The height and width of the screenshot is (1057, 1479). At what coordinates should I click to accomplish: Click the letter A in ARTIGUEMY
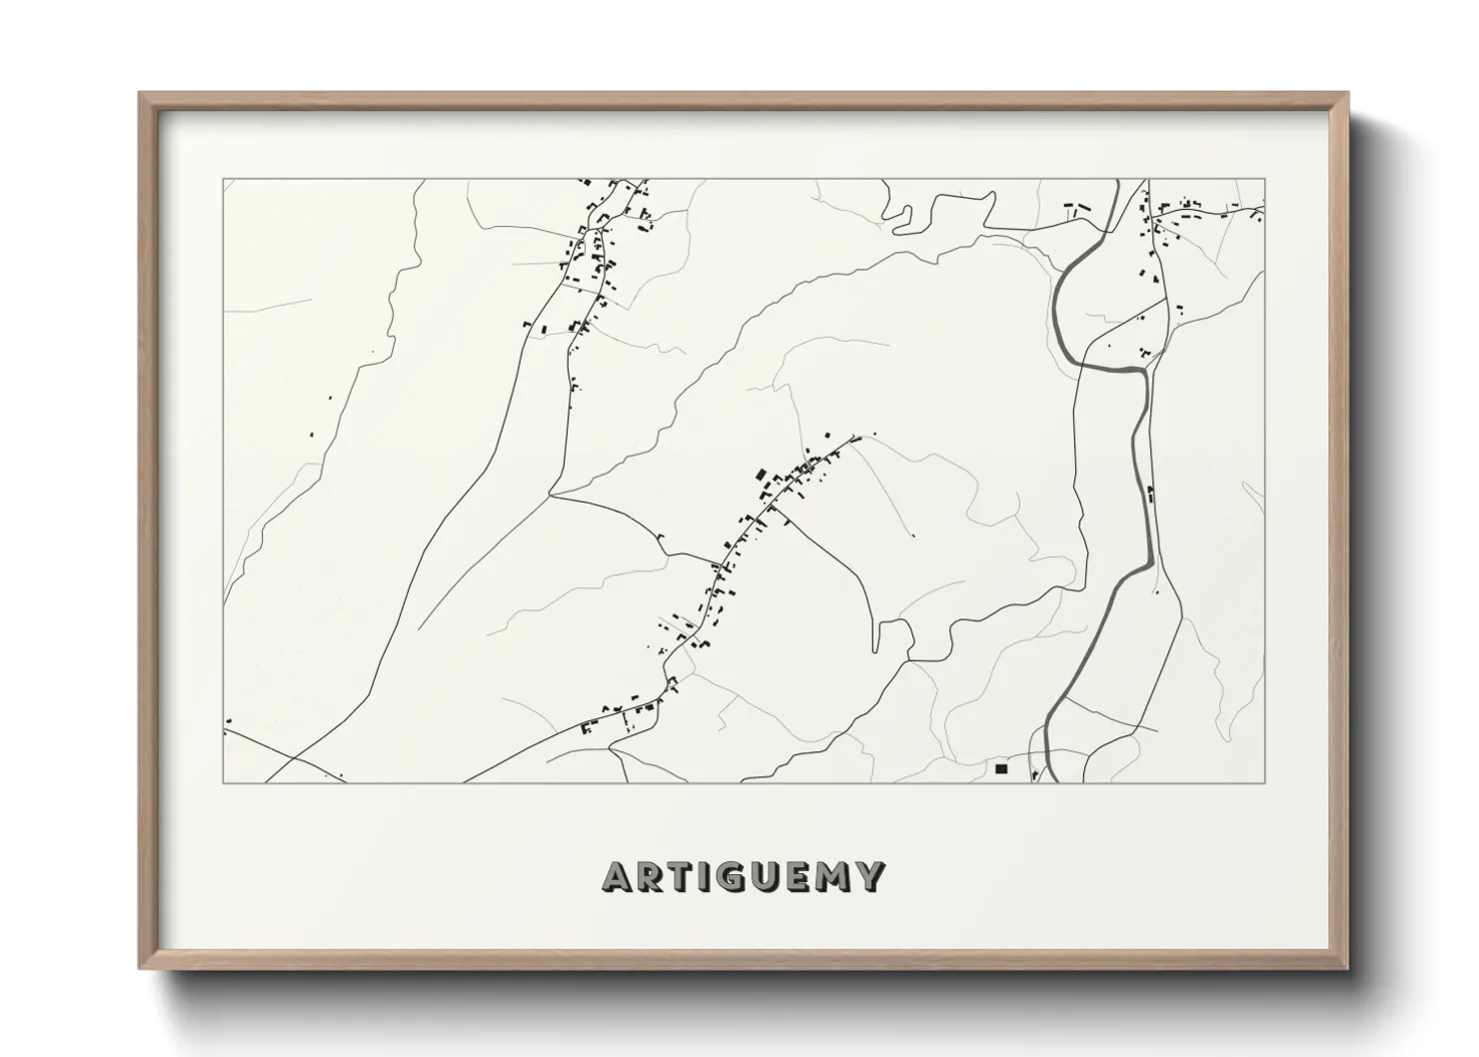point(618,876)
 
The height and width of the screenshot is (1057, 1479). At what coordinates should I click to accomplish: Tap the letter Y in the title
point(870,876)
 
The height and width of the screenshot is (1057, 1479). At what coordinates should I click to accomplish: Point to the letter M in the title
point(835,876)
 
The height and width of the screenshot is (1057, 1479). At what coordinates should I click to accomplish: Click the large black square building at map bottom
point(1000,768)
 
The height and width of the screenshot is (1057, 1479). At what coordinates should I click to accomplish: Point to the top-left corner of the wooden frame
point(140,94)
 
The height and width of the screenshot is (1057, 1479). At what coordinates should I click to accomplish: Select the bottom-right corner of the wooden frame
point(1348,968)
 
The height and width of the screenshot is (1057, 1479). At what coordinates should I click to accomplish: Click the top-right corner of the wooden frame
point(1348,94)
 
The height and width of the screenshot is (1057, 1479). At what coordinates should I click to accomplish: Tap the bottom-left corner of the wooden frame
point(140,968)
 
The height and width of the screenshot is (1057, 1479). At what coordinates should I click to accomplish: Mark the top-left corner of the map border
point(223,180)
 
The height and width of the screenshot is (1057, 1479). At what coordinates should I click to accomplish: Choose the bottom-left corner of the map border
point(223,781)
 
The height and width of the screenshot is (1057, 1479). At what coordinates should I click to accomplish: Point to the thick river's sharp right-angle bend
point(1141,370)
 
